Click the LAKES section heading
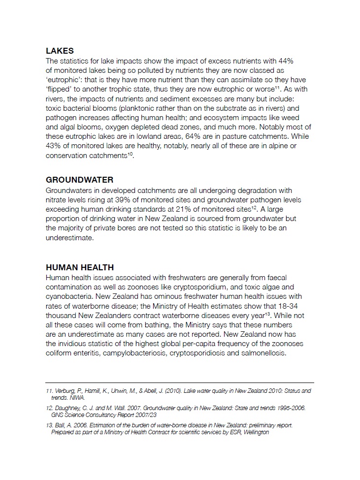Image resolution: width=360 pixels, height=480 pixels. [60, 51]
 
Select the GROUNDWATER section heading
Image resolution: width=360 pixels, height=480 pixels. [79, 180]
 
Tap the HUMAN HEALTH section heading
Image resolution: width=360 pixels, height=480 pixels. [80, 267]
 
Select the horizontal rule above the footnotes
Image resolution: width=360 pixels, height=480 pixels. [180, 383]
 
